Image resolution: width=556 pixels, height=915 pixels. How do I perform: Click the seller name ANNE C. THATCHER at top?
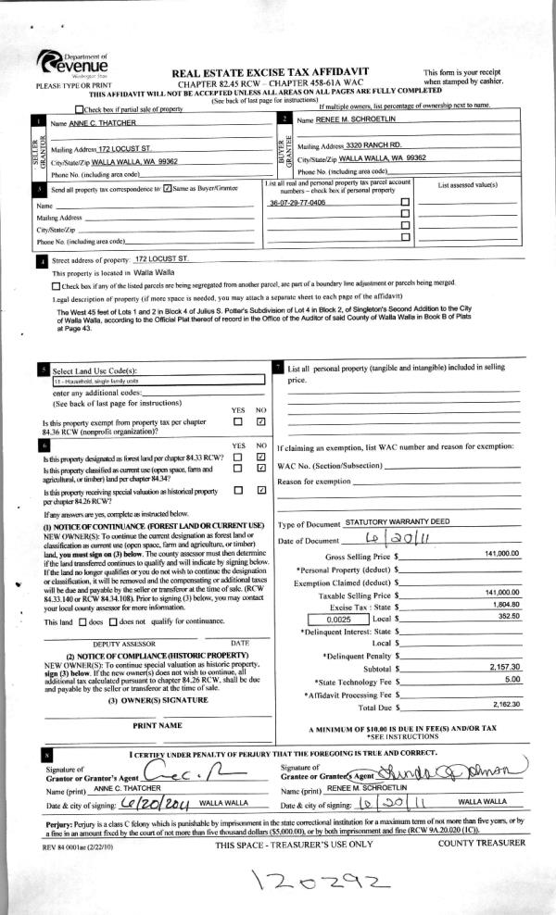[x=99, y=123]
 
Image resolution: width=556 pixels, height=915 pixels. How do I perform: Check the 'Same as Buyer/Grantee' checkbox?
[x=166, y=189]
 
